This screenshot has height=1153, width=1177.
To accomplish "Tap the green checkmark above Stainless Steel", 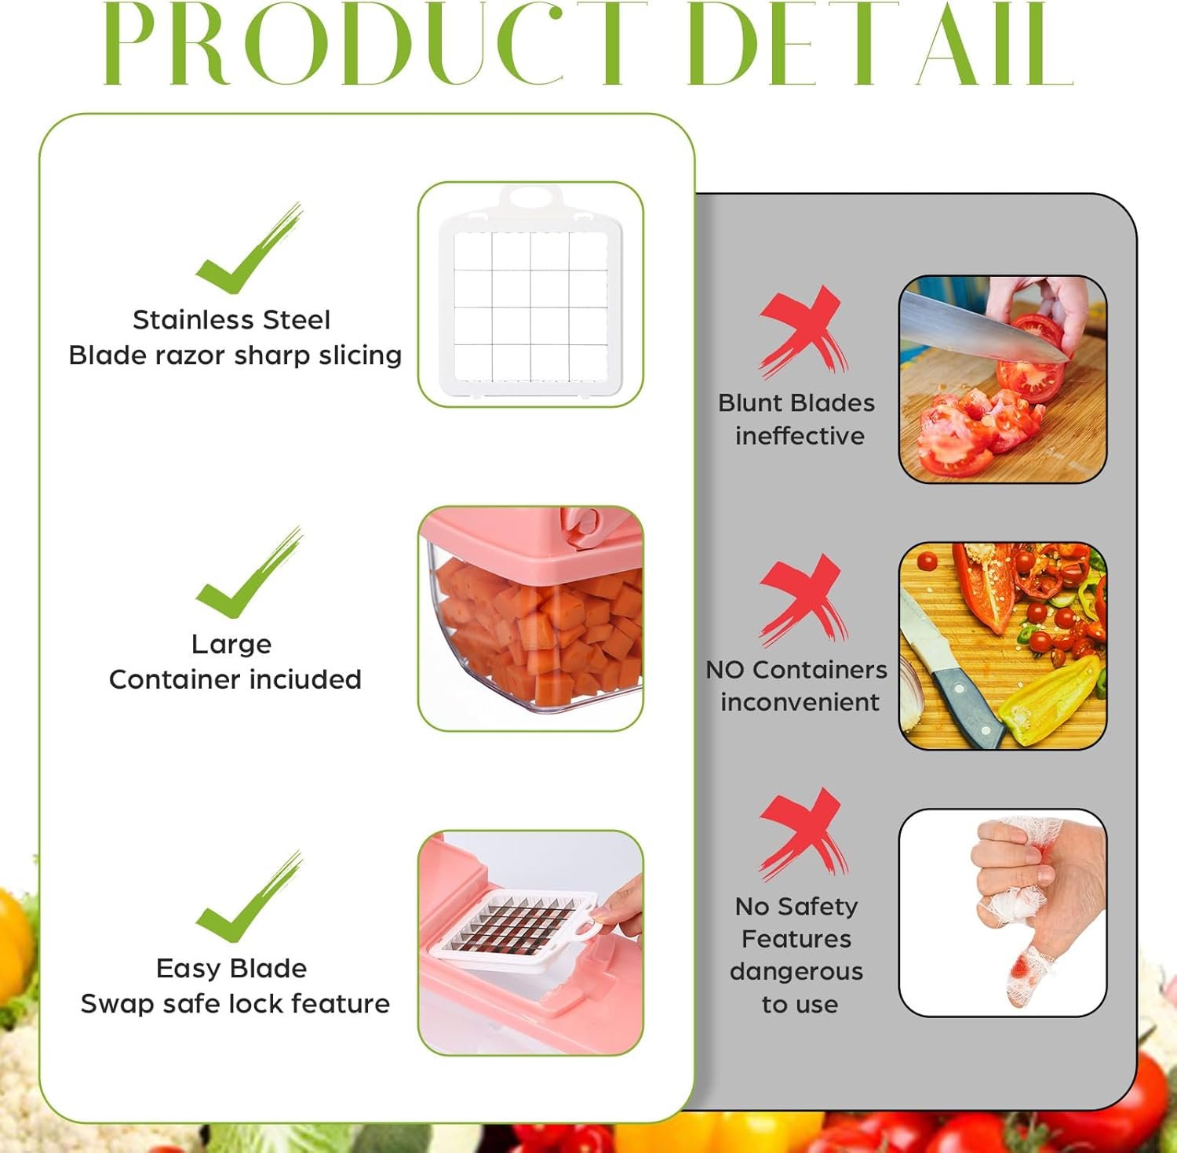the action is [248, 249].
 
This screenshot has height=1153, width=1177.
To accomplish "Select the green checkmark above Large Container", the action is [248, 573].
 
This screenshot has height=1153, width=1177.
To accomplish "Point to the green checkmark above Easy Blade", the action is [248, 897].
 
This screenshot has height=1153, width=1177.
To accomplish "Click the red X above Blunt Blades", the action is [803, 331].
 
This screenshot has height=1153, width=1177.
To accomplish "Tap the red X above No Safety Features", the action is [803, 834].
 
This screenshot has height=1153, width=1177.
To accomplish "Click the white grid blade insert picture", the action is [530, 294].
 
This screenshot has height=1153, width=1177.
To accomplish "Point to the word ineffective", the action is [800, 435].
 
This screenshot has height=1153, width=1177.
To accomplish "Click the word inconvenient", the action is [800, 702].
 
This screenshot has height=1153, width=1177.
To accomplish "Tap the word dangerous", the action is [796, 972].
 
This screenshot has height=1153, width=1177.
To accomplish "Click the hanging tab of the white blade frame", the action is [530, 197].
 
